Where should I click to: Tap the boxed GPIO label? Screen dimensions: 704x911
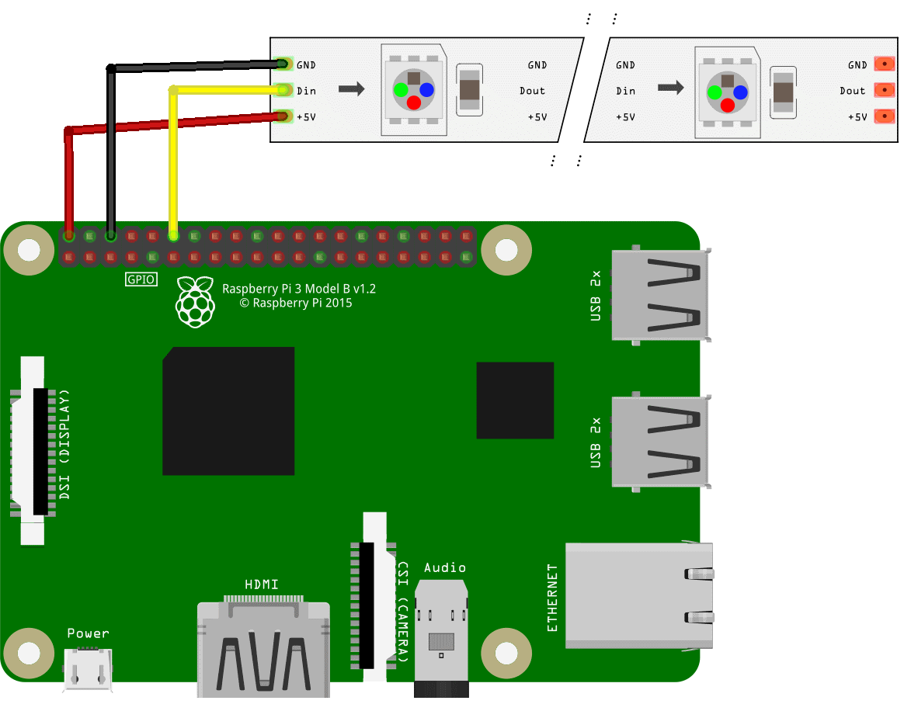tap(141, 279)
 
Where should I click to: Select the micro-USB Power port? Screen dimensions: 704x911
tap(88, 671)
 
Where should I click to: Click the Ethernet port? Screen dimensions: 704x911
tap(638, 595)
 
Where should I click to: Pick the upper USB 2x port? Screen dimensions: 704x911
tap(659, 296)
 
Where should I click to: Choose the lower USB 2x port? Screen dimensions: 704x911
tap(659, 442)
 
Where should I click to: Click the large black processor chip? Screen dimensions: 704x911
tap(228, 411)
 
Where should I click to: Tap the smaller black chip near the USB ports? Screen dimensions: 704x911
tap(515, 400)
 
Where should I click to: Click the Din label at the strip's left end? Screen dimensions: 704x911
tap(306, 91)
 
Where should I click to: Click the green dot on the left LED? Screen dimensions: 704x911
tap(401, 90)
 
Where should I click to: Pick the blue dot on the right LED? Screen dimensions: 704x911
tap(740, 92)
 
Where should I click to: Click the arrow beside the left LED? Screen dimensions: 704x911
tap(352, 89)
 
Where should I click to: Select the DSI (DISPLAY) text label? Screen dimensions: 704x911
tap(64, 443)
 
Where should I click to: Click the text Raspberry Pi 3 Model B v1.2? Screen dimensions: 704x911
tap(299, 289)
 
